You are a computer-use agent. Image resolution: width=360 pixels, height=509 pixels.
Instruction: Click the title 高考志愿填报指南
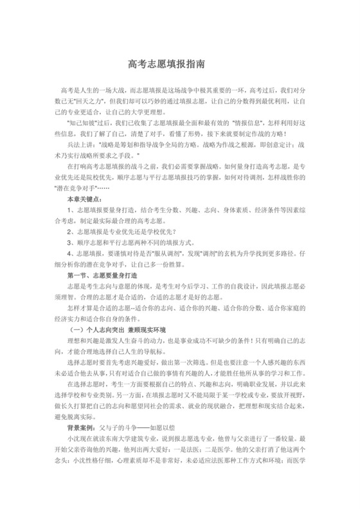click(x=179, y=65)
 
